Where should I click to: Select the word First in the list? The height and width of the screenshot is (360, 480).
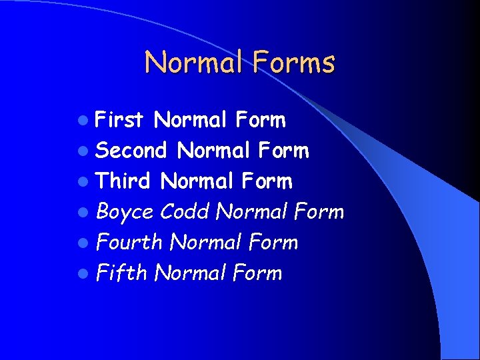tap(119, 120)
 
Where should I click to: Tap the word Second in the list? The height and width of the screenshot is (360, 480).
tap(131, 151)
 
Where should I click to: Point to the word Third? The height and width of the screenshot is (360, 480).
tap(123, 181)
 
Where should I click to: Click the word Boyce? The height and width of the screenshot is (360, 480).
tap(125, 213)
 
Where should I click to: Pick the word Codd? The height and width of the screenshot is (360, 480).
tap(185, 212)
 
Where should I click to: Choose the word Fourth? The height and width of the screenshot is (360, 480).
tap(129, 242)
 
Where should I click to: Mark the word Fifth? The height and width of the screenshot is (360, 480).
tap(121, 273)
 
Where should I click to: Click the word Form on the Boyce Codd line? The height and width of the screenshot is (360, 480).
tap(319, 212)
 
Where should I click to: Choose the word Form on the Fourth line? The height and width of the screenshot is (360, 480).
tap(273, 242)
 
